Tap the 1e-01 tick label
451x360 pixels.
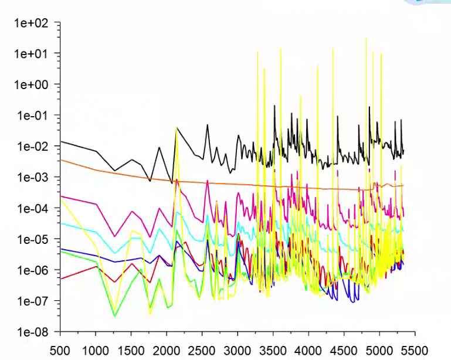click(x=33, y=116)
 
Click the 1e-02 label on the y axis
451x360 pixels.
click(x=33, y=146)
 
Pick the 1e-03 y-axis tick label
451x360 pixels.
click(x=33, y=177)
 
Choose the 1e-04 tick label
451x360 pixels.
click(x=33, y=208)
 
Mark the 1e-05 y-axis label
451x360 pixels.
click(x=33, y=239)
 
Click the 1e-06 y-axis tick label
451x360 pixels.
click(x=33, y=270)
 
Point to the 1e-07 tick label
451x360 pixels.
click(x=33, y=301)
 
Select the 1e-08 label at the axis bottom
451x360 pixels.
click(x=33, y=332)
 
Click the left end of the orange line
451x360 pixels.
click(x=61, y=160)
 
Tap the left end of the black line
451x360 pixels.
click(x=61, y=141)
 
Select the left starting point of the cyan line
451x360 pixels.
click(x=61, y=223)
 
